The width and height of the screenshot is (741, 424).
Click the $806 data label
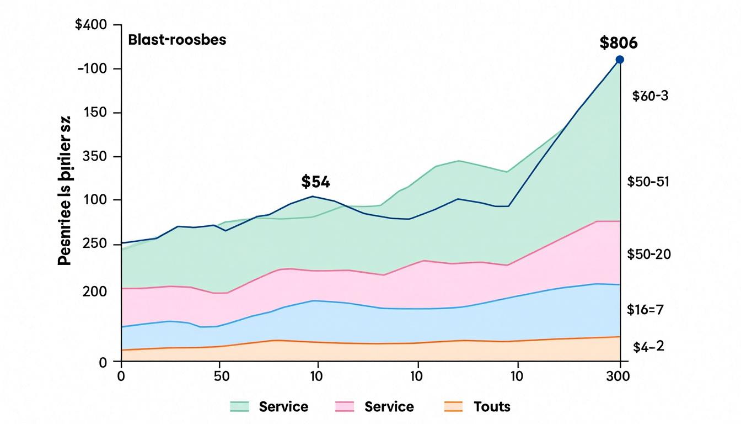click(x=618, y=43)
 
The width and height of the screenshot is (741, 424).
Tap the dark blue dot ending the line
click(x=619, y=59)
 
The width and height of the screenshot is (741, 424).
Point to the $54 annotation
click(x=315, y=181)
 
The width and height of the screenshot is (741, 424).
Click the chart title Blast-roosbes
click(x=177, y=40)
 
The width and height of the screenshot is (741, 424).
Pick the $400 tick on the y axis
click(x=98, y=25)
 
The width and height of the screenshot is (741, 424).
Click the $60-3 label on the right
click(x=650, y=96)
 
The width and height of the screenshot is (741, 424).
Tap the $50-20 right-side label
click(x=648, y=255)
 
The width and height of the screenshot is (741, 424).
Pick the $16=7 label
click(x=645, y=310)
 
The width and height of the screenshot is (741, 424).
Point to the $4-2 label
click(x=649, y=347)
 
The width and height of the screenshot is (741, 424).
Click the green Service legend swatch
click(x=239, y=407)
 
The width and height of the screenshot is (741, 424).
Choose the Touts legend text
click(x=492, y=407)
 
